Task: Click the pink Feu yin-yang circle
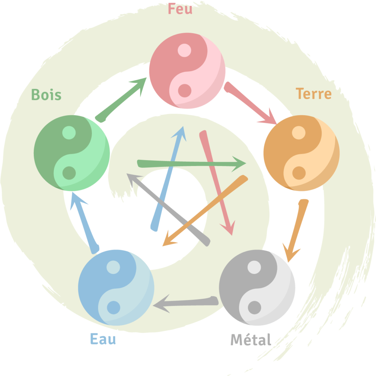click(187, 70)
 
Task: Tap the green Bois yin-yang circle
click(72, 153)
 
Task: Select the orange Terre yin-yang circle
click(301, 153)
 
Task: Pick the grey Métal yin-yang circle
click(257, 288)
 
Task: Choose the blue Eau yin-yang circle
click(116, 288)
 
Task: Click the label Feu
click(180, 9)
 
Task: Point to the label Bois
click(46, 95)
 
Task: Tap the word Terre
click(314, 94)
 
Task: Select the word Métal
click(251, 340)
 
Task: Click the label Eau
click(103, 339)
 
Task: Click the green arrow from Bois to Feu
click(121, 99)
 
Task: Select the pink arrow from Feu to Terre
click(250, 103)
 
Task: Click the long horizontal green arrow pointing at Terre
click(191, 164)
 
